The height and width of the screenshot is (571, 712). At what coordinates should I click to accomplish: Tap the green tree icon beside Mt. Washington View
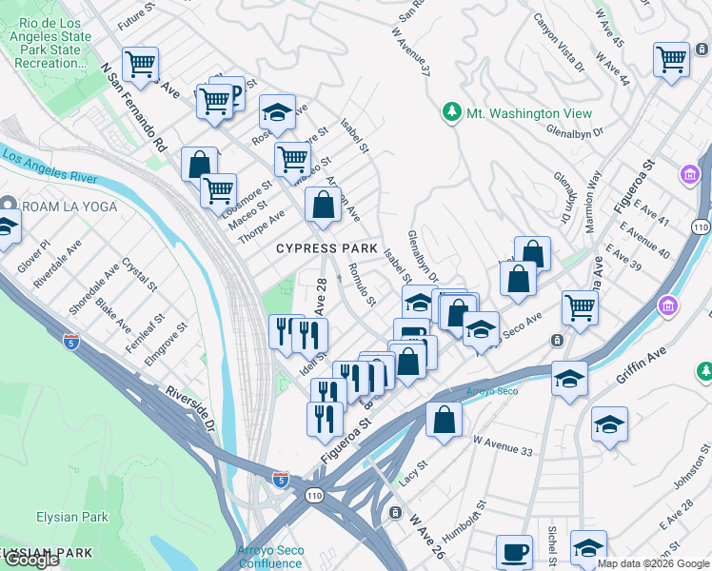tap(452, 113)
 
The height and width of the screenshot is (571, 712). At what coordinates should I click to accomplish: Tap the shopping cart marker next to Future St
tap(140, 65)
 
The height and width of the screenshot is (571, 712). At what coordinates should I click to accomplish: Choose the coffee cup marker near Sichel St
tap(514, 552)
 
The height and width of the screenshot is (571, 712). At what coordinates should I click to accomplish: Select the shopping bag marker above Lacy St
tap(444, 419)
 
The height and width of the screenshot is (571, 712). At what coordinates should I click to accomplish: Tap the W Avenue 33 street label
tap(503, 447)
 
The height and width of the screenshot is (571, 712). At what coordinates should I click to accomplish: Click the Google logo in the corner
tap(31, 560)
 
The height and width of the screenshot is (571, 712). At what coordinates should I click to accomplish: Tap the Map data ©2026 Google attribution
tap(653, 563)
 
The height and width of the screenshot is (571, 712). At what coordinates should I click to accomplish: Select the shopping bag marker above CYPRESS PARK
tap(323, 204)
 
